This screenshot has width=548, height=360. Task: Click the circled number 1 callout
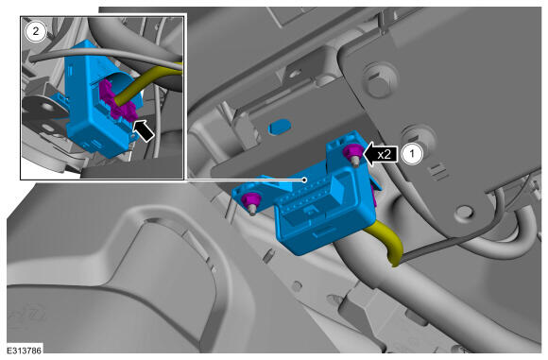coord(412,154)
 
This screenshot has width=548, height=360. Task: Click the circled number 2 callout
coord(36,32)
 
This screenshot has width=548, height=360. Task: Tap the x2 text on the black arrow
coord(385,154)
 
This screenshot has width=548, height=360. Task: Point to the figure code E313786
coord(25,351)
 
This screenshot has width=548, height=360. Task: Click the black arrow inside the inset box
coord(144,130)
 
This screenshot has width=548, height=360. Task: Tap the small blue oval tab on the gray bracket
coord(280,127)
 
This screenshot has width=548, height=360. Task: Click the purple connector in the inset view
coord(117,102)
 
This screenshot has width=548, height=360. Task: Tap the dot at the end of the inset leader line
coord(305,180)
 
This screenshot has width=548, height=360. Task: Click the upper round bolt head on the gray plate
coord(379,80)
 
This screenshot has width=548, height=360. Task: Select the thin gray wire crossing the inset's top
coord(105,55)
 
